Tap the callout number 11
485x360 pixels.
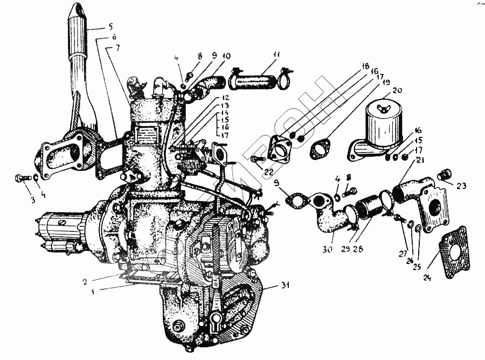coord(276,55)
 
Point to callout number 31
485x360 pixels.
coord(285,286)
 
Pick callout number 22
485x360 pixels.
coord(269,172)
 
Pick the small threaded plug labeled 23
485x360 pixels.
coord(445,174)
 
